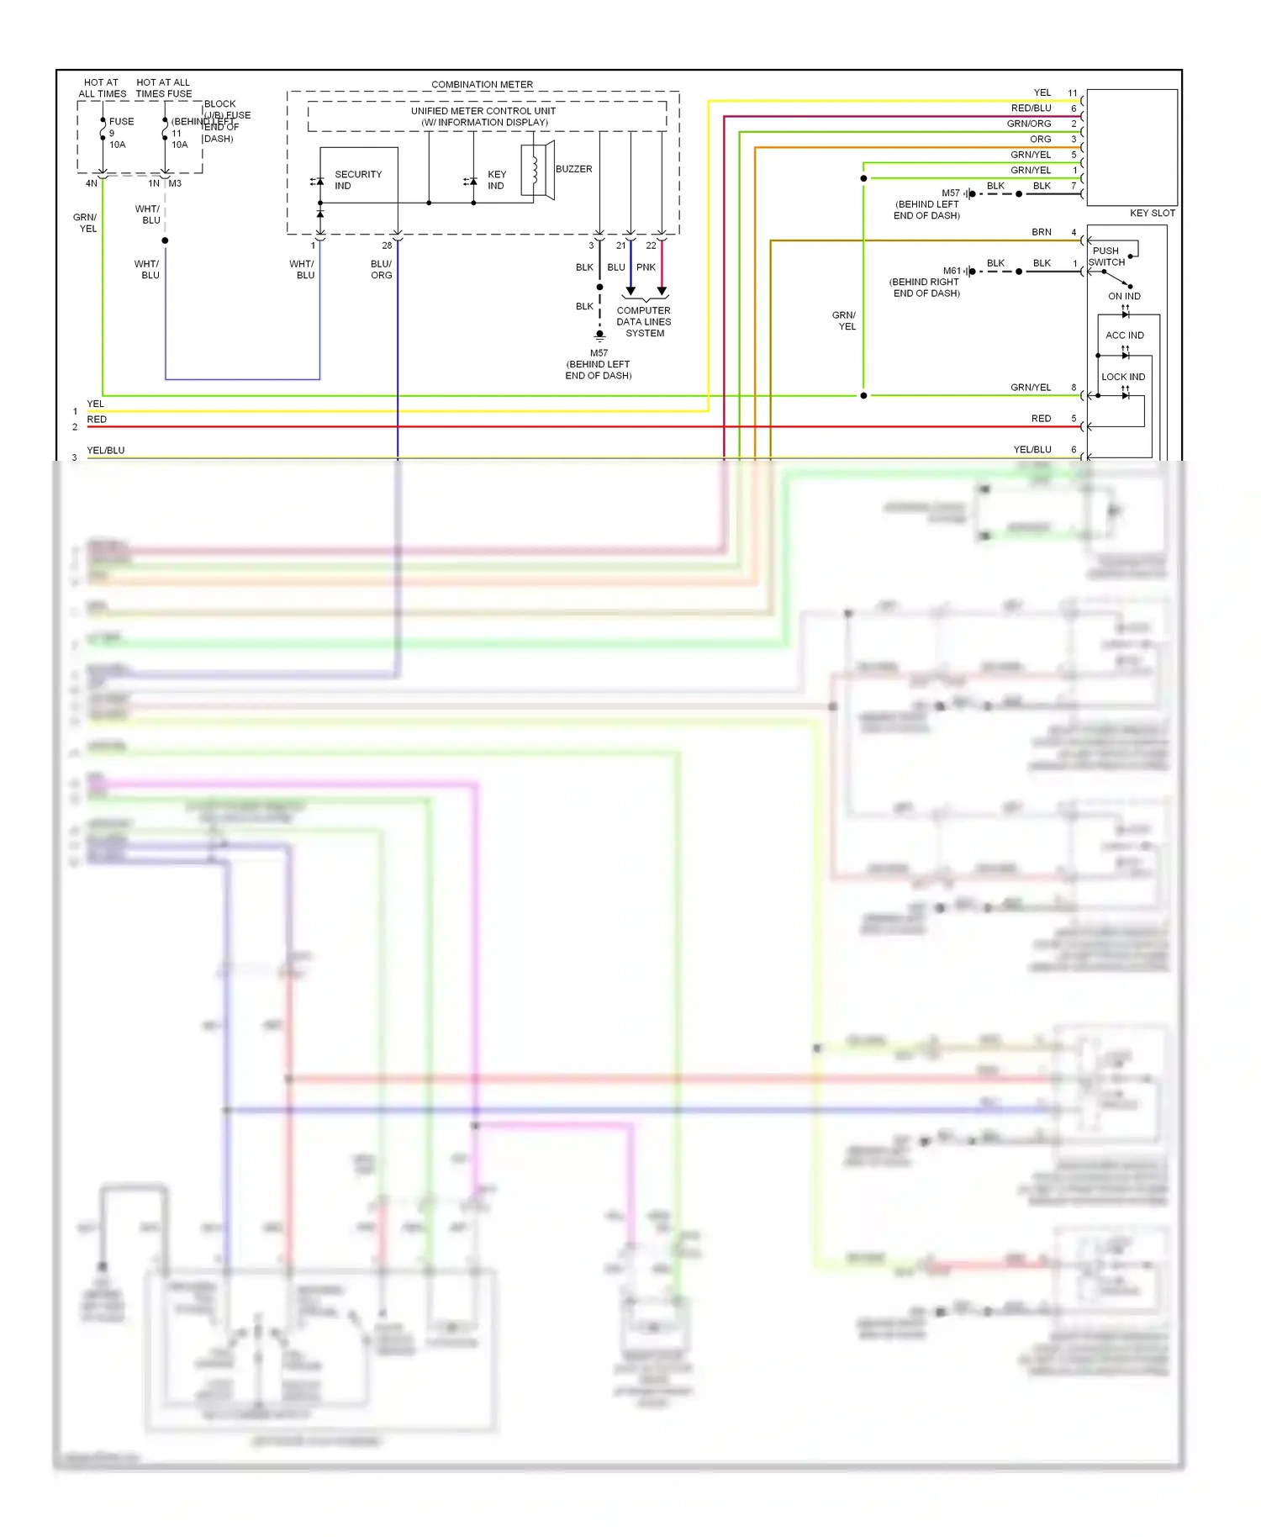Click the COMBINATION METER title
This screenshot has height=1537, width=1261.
[482, 84]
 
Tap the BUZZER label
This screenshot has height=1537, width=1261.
[573, 169]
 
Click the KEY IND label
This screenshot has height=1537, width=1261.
[496, 180]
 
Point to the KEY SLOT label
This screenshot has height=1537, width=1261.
[1152, 213]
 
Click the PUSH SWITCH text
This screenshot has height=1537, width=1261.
[1106, 256]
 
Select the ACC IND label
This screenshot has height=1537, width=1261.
[1124, 335]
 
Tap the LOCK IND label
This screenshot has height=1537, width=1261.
[1123, 377]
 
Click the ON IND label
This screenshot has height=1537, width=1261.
[1124, 296]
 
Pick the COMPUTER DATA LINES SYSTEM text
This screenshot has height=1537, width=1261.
[644, 322]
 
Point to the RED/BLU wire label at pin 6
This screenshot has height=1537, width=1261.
[1031, 108]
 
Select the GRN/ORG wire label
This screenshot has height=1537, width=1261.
[1029, 124]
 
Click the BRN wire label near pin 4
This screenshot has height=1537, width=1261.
[1041, 232]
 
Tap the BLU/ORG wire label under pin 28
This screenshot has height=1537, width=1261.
[381, 269]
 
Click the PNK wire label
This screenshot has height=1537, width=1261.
[646, 267]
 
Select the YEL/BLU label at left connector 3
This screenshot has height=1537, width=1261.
[106, 451]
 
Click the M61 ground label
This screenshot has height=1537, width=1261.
[951, 271]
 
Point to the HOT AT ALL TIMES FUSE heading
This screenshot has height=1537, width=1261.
[164, 88]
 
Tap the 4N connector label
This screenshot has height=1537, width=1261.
[91, 183]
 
